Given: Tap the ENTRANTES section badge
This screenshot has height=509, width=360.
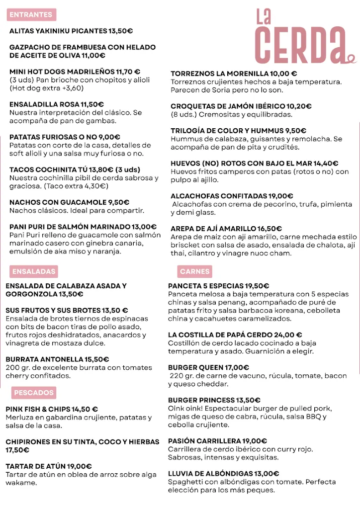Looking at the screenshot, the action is (x=31, y=15).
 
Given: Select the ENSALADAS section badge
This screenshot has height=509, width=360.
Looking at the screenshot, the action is (x=34, y=271).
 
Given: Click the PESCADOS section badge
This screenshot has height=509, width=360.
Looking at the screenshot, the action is (x=34, y=393).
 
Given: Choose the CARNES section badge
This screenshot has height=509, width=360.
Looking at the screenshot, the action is (x=195, y=271).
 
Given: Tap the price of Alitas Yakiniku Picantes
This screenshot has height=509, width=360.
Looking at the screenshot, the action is (x=121, y=31).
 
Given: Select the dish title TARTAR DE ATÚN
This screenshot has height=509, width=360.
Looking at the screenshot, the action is (x=35, y=466).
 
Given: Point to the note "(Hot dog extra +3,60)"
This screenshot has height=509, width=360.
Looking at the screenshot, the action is (x=47, y=88).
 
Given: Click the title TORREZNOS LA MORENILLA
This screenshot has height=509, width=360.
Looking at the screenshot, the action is (x=219, y=74).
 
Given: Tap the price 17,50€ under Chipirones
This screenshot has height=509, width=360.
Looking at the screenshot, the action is (x=17, y=450).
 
